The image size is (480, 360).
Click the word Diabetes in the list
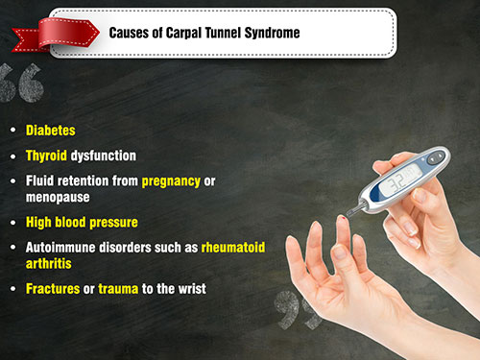click(x=51, y=131)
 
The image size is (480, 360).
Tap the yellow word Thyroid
click(x=46, y=156)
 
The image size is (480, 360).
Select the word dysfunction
click(x=104, y=156)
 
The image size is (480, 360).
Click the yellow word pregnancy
click(x=171, y=181)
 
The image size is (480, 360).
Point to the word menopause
click(x=58, y=198)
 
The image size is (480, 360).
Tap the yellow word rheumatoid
click(x=233, y=248)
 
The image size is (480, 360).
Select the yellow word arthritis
click(x=49, y=264)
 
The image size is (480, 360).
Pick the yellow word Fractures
click(x=53, y=289)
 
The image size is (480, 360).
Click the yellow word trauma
click(x=118, y=289)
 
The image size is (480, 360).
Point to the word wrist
click(x=192, y=289)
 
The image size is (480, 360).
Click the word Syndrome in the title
click(x=272, y=33)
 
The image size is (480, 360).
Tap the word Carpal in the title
click(x=183, y=34)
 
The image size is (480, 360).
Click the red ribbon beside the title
click(x=56, y=35)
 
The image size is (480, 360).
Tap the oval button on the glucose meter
click(x=436, y=157)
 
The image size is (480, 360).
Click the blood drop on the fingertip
click(x=344, y=218)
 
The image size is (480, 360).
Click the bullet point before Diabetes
click(x=13, y=130)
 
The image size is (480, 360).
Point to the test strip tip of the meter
click(x=349, y=212)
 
